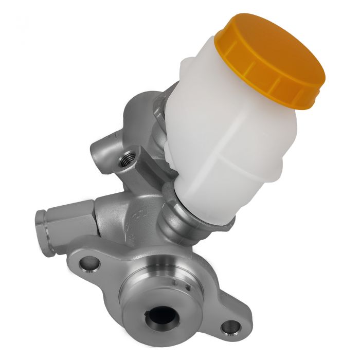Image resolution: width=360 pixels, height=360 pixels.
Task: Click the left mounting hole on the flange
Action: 91,263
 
